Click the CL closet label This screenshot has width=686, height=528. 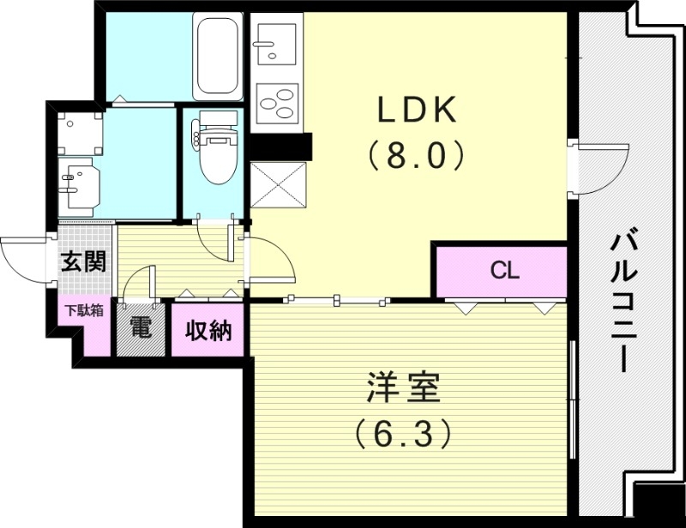click(504, 271)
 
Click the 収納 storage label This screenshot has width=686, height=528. click(208, 330)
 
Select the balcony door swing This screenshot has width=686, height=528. click(596, 167)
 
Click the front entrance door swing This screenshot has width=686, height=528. click(24, 257)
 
